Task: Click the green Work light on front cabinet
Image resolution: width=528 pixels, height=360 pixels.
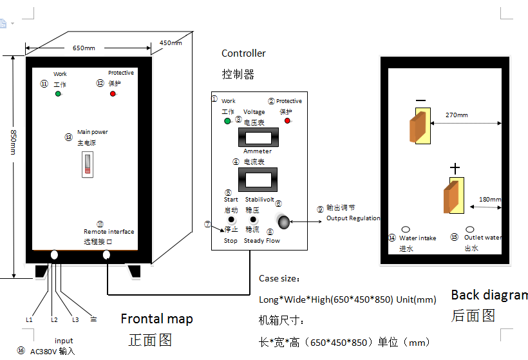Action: point(58,94)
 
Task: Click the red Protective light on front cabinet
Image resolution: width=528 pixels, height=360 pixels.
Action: point(113,94)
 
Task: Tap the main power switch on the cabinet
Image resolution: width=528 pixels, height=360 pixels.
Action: point(86,164)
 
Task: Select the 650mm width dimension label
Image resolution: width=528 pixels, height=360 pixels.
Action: point(84,48)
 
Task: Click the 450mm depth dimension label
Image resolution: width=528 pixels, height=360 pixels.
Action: point(171,43)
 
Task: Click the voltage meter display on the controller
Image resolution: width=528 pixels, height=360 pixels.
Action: point(258,137)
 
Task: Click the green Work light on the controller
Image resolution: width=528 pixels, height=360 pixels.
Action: point(227,121)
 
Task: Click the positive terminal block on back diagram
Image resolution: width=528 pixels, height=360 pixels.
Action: point(453,195)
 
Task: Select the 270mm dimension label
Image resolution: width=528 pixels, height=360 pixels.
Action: point(457,115)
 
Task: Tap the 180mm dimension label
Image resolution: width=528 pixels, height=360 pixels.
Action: point(489,200)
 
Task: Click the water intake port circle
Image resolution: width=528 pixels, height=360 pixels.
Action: point(406,229)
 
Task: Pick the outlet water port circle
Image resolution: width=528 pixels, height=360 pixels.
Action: point(470,229)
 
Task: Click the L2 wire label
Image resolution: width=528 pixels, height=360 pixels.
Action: point(54,319)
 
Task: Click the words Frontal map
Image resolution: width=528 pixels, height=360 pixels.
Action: point(156,319)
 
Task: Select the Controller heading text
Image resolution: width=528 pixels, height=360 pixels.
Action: point(243,53)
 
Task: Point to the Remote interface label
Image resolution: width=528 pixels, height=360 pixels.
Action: point(109,232)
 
